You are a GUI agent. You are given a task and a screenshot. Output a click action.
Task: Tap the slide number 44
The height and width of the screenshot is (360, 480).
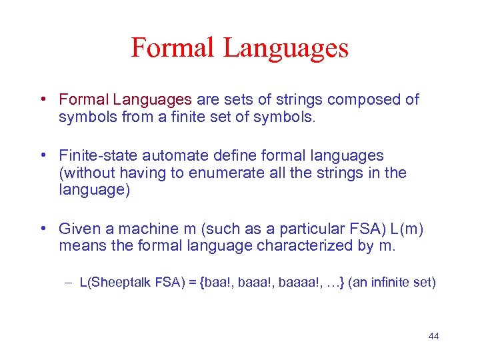point(433,336)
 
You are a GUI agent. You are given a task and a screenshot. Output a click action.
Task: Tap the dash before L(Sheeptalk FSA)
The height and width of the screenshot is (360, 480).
point(69,283)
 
